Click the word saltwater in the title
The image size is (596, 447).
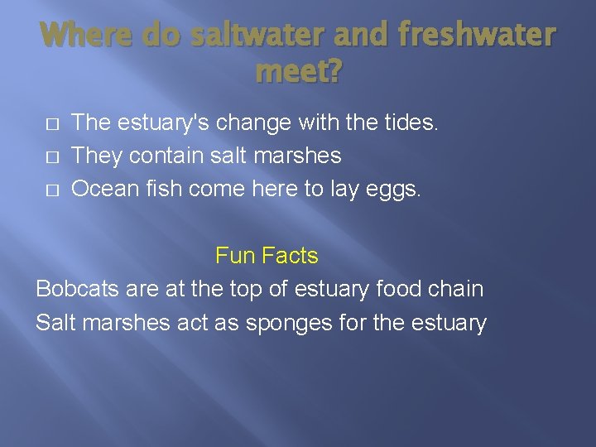(246, 35)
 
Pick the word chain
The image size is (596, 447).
(457, 289)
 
